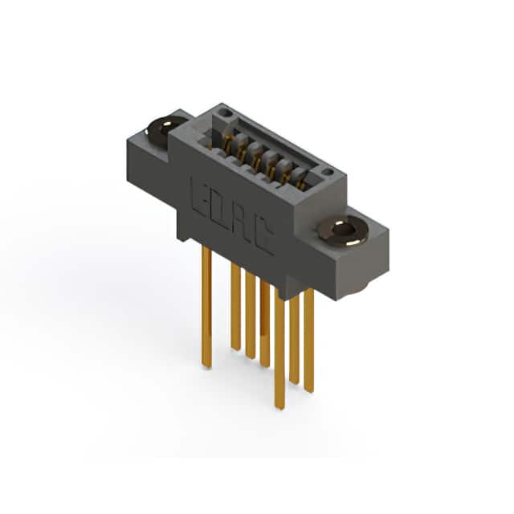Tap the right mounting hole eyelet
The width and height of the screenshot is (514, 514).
[343, 230]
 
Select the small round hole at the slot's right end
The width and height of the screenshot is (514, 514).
[327, 172]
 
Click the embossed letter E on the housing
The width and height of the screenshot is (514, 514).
[199, 196]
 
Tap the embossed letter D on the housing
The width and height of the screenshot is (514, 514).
[218, 209]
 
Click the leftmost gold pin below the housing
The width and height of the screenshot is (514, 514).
[206, 308]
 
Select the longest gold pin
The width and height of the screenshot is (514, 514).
[279, 351]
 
